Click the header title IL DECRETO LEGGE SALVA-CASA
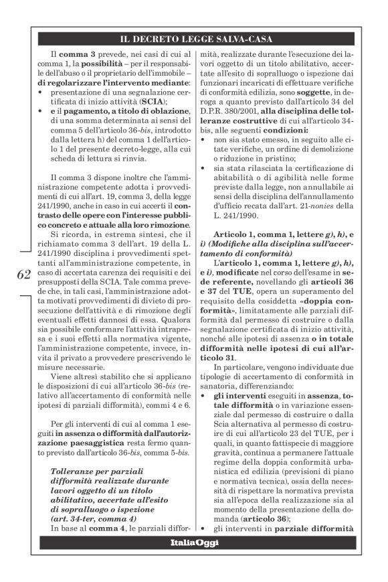point(193,38)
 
